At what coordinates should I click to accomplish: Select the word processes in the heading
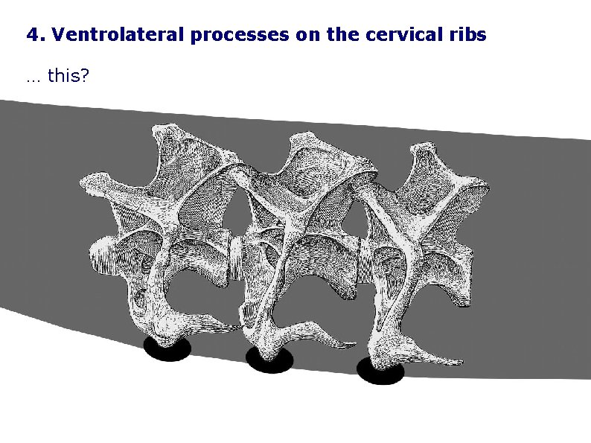point(241,35)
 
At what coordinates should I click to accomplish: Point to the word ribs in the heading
point(469,35)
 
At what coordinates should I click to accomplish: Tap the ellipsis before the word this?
point(33,78)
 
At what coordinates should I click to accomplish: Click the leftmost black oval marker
point(167,348)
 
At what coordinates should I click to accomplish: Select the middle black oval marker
point(270,360)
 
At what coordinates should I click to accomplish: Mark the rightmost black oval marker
point(380,371)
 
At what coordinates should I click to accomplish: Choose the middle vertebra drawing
point(298,238)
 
